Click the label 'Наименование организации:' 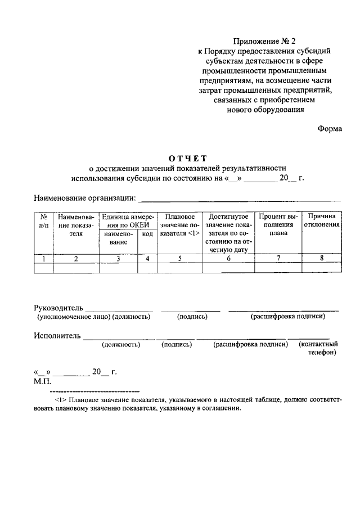(x=85, y=198)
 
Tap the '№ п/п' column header (x=43, y=220)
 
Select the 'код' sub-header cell (x=147, y=233)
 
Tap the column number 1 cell (x=43, y=259)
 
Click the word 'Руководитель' (x=58, y=308)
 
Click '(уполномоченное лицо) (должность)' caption (x=94, y=317)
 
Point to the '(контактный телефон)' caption (x=318, y=349)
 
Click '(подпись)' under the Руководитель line (x=192, y=317)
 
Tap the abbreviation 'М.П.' (x=43, y=381)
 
